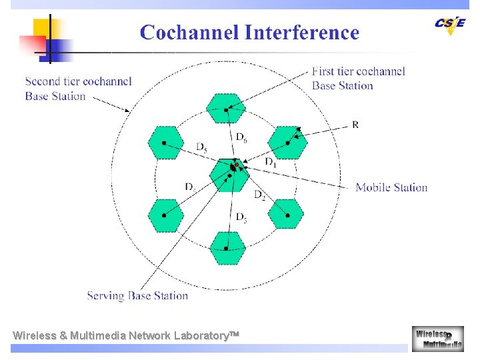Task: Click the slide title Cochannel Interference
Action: [x=249, y=33]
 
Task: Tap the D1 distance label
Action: [x=270, y=162]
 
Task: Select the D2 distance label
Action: [x=260, y=195]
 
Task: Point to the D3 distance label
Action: [x=241, y=217]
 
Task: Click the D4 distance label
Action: [x=190, y=187]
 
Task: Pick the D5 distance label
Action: [x=201, y=147]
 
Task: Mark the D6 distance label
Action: [x=241, y=137]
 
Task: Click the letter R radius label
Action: [x=355, y=125]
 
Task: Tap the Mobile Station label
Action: [x=391, y=187]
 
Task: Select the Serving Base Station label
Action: [x=137, y=295]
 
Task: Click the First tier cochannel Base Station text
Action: [x=358, y=79]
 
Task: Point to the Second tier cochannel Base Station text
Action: [x=78, y=89]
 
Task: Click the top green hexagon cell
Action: [x=226, y=109]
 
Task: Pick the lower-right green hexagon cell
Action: [x=286, y=215]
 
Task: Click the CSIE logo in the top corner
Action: [x=449, y=24]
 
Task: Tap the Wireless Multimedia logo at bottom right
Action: [x=437, y=338]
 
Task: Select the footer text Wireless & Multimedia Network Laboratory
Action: [x=125, y=335]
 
